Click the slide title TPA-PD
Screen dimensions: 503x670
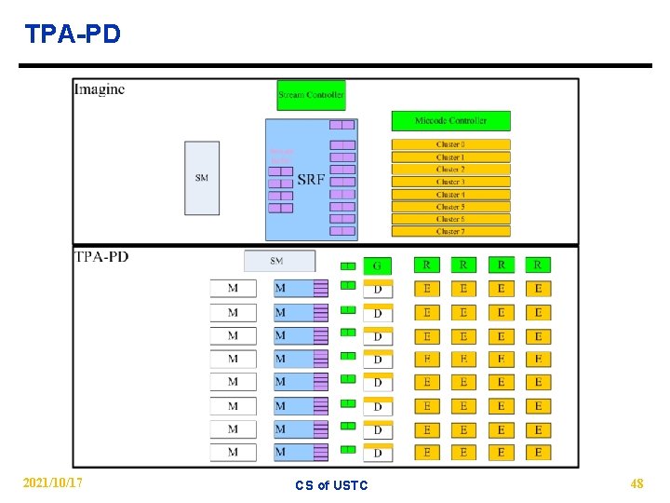[73, 34]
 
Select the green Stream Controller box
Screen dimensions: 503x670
[312, 94]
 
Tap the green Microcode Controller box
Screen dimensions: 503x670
[451, 120]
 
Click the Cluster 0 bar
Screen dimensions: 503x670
[450, 144]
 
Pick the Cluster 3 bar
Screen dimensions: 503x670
[450, 182]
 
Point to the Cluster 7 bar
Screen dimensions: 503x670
[450, 231]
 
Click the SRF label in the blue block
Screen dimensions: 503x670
[311, 179]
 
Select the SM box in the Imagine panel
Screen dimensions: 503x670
[202, 178]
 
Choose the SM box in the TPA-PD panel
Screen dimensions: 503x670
[278, 261]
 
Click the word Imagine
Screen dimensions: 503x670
[100, 90]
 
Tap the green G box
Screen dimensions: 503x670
[377, 266]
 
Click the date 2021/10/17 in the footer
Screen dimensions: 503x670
[52, 483]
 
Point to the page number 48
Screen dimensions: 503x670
[636, 483]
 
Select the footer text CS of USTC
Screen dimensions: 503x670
[331, 484]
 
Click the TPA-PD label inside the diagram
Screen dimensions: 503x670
[101, 257]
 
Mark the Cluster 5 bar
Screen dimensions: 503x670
[450, 207]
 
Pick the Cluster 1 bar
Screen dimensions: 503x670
[450, 157]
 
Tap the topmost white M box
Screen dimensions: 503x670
[233, 289]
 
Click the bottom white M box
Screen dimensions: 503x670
[233, 452]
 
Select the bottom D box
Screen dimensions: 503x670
[377, 454]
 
